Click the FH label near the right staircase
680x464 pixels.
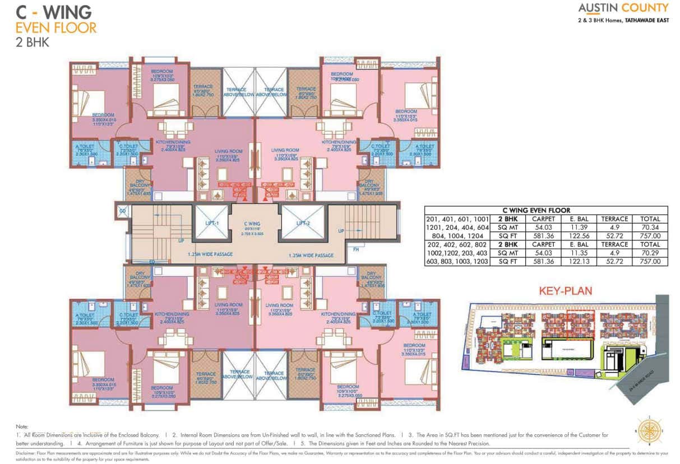pos(356,249)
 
